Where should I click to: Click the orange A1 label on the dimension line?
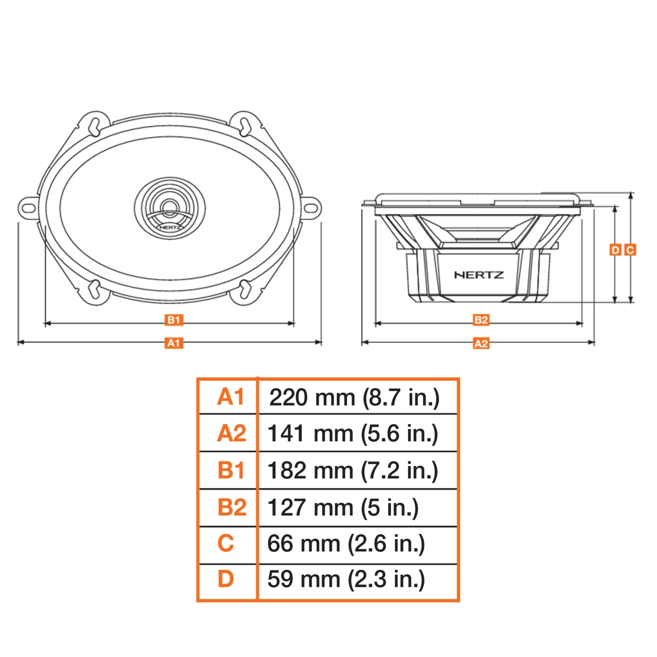coord(174,342)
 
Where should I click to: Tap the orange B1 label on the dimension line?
coord(174,320)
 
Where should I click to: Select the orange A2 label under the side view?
coord(481,343)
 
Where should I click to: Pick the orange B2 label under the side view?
coord(481,320)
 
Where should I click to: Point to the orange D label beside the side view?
coord(615,250)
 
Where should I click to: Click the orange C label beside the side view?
coord(630,250)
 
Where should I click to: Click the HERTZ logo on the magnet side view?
coord(479,275)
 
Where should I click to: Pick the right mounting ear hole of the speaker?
coord(312,208)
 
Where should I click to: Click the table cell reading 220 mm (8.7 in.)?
coord(355,397)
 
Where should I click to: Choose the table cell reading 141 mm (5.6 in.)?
coord(353,434)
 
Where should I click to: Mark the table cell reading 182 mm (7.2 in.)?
coord(353,471)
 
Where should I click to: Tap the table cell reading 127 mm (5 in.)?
coord(343,508)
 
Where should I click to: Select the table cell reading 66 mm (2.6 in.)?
coord(346,544)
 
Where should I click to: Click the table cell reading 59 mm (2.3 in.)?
coord(346,579)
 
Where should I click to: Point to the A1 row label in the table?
coord(230,397)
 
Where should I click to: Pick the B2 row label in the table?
coord(232,508)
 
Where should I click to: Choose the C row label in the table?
coord(226,544)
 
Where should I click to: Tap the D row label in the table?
coord(226,579)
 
